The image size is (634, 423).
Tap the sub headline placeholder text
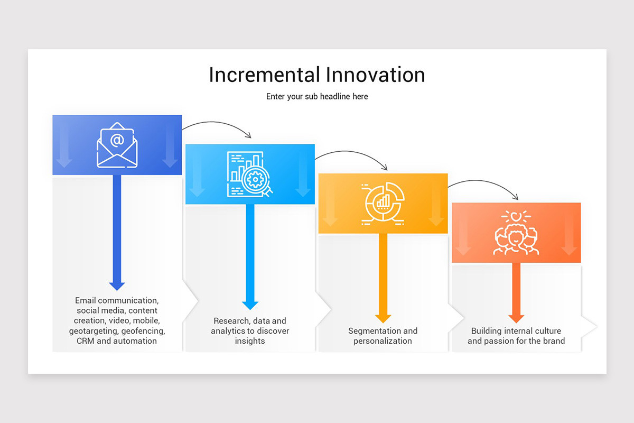point(317,97)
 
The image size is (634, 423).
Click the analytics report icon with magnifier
point(250,174)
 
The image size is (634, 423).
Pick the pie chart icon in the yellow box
point(383,204)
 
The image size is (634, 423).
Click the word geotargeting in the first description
point(94,331)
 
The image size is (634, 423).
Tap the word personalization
point(383,341)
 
